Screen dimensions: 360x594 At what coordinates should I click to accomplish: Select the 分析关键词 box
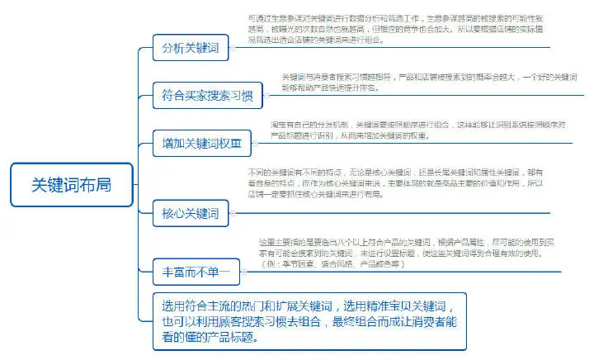pos(190,49)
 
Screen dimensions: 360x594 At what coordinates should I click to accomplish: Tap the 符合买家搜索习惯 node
pos(207,95)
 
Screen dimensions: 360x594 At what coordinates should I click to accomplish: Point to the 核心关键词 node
pos(190,215)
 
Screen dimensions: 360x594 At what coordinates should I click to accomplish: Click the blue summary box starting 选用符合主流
pos(309,320)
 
